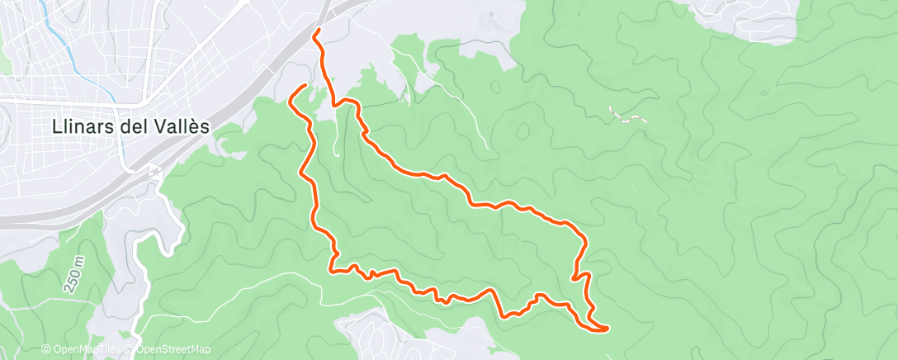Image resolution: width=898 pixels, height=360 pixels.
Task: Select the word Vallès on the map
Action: [x=182, y=126]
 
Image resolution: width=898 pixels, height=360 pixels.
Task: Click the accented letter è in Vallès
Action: [x=196, y=126]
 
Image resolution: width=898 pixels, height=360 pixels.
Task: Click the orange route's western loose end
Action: [x=305, y=86]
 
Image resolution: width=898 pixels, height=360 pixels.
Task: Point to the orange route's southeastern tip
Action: [x=607, y=329]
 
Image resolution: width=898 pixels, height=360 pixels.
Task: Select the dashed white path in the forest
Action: [x=627, y=116]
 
